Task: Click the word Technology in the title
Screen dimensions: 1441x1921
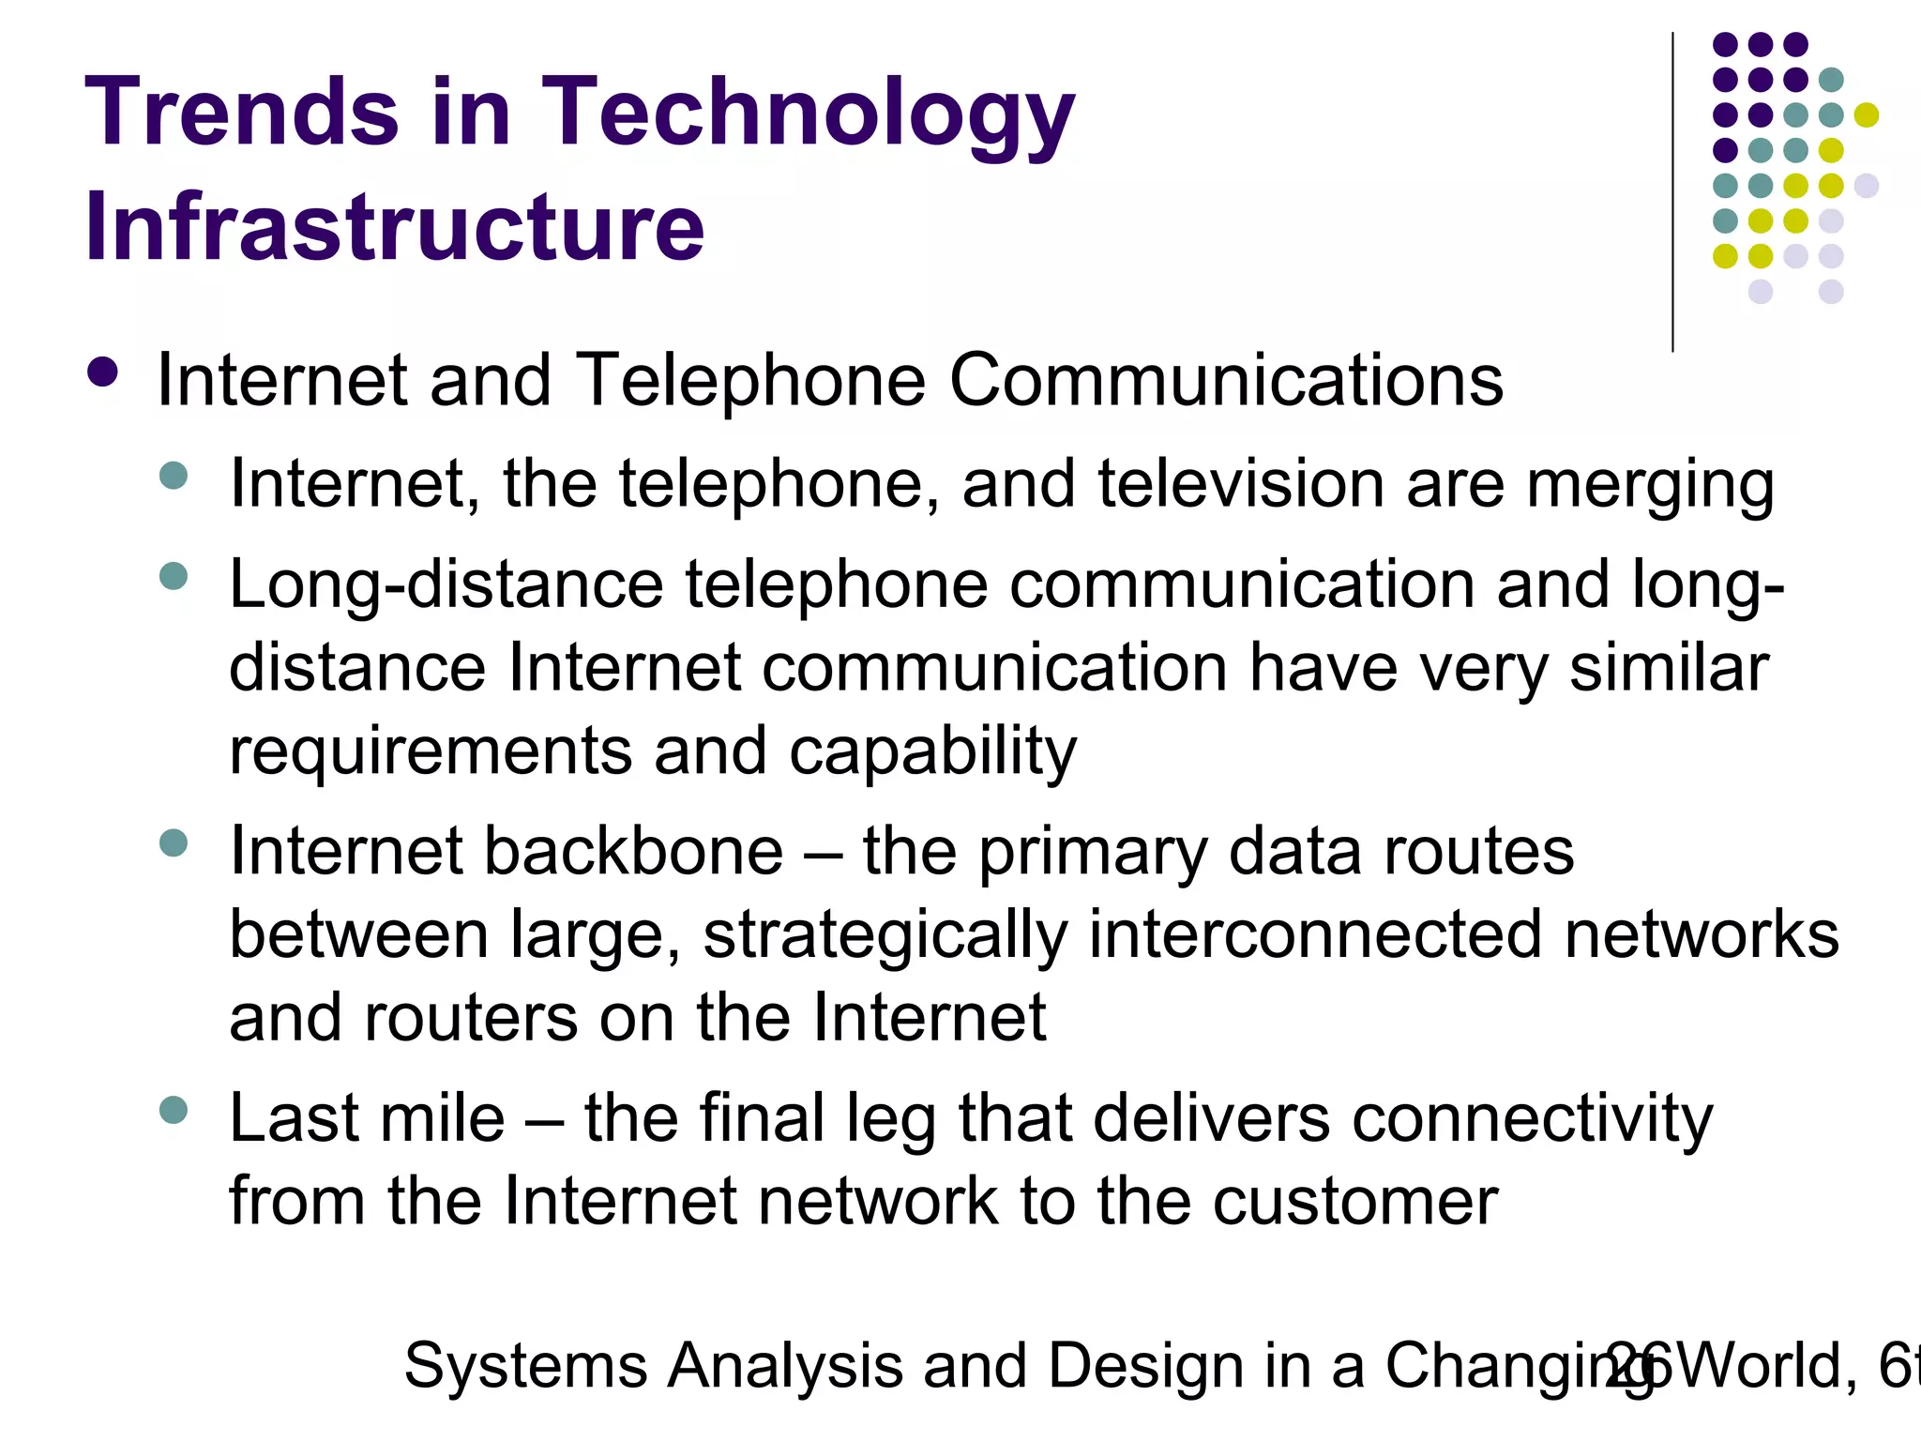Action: (x=808, y=113)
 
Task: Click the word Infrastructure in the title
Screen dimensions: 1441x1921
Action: (x=395, y=227)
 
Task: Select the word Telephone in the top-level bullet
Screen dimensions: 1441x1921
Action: (x=750, y=381)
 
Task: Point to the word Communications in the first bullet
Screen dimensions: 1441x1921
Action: (x=1226, y=381)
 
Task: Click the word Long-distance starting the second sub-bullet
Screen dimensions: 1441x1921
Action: (x=446, y=586)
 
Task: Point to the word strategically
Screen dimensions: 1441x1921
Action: (x=885, y=936)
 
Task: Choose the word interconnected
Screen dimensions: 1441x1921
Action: (x=1315, y=934)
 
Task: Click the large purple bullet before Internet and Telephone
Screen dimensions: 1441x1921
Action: (x=102, y=372)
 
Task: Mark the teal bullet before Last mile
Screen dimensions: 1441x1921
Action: (x=174, y=1111)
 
